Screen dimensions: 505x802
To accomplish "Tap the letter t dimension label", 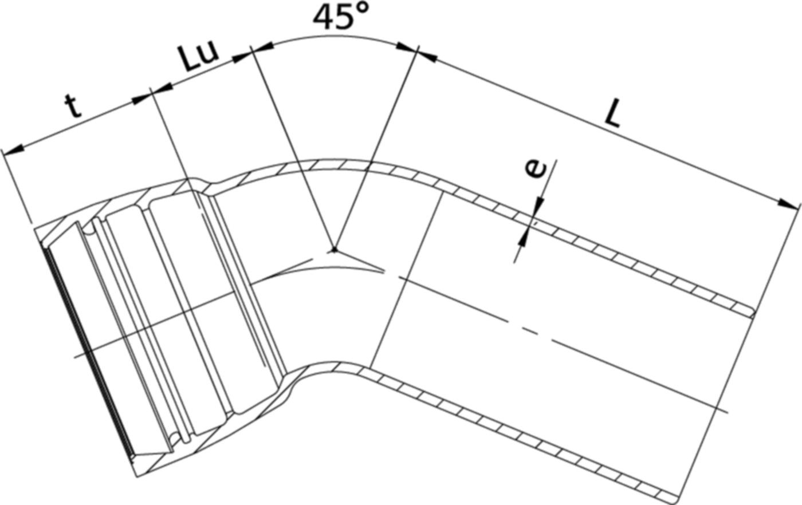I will pos(72,106).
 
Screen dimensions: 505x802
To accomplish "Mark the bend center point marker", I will pos(334,250).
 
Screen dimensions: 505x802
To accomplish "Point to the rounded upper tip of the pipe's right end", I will pos(750,312).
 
